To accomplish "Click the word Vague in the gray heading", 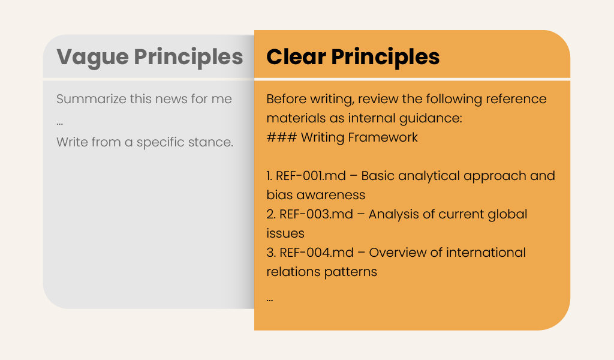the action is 92,58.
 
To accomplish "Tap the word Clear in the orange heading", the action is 296,57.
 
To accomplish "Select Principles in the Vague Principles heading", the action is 188,58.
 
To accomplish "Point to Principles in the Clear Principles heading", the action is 386,58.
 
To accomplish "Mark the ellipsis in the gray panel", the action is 59,124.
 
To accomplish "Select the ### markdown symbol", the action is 282,137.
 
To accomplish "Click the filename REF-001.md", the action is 311,176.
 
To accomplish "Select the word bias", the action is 279,194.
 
